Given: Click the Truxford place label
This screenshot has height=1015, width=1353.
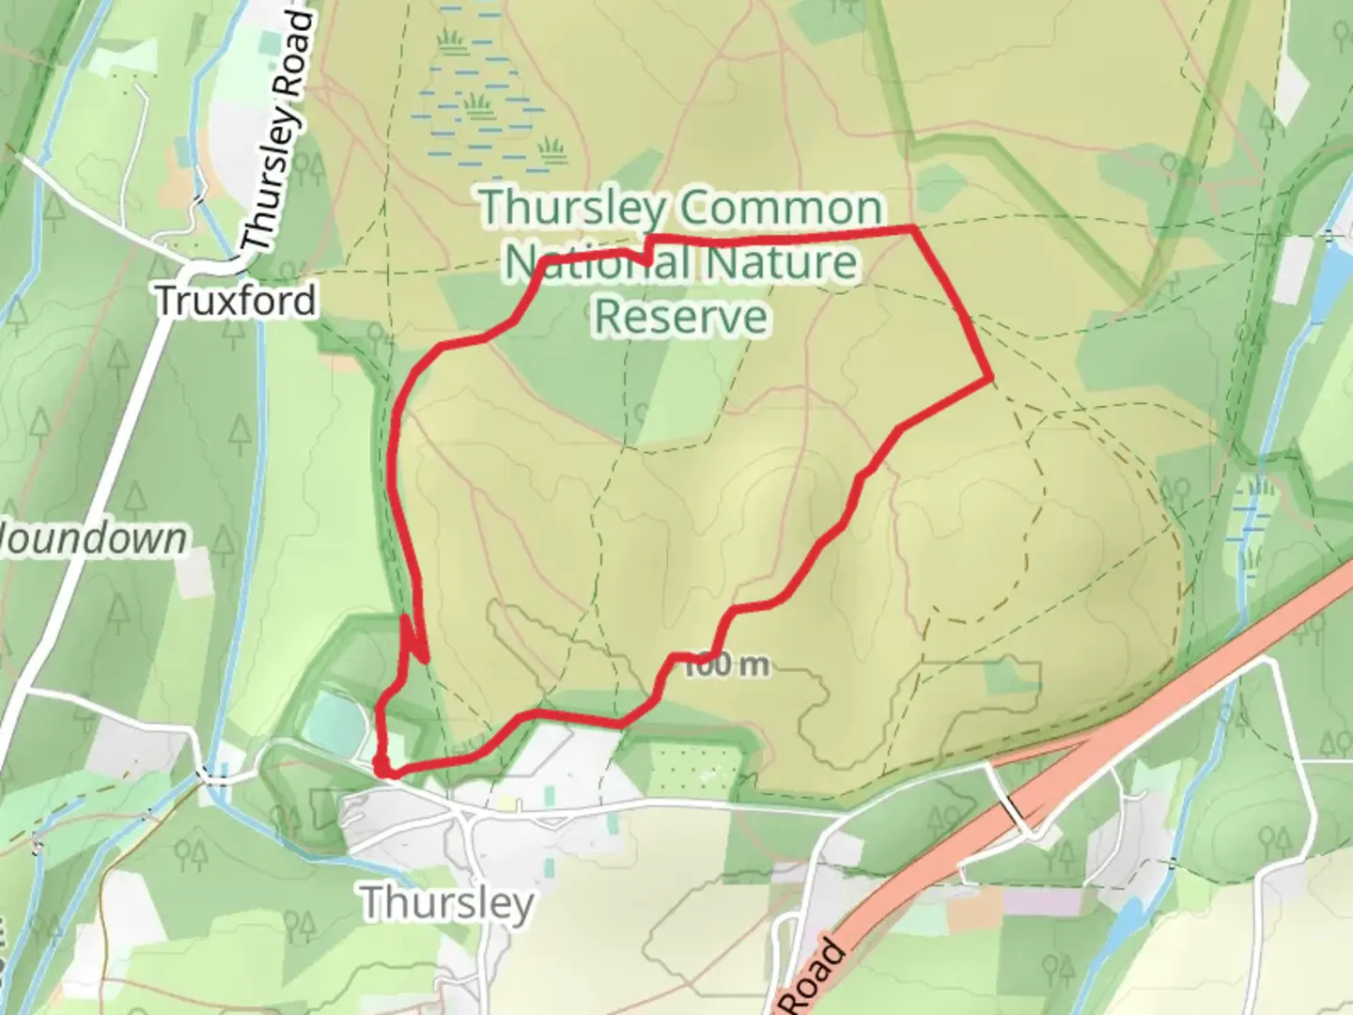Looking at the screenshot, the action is (235, 301).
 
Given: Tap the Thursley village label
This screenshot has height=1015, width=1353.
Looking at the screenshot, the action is (447, 903).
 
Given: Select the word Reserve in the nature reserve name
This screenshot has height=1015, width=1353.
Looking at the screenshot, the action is (681, 317).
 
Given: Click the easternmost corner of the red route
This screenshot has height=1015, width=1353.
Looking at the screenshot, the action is (990, 379).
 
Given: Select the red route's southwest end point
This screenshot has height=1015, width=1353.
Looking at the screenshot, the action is (381, 772).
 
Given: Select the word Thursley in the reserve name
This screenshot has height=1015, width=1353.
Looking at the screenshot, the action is (575, 209).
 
